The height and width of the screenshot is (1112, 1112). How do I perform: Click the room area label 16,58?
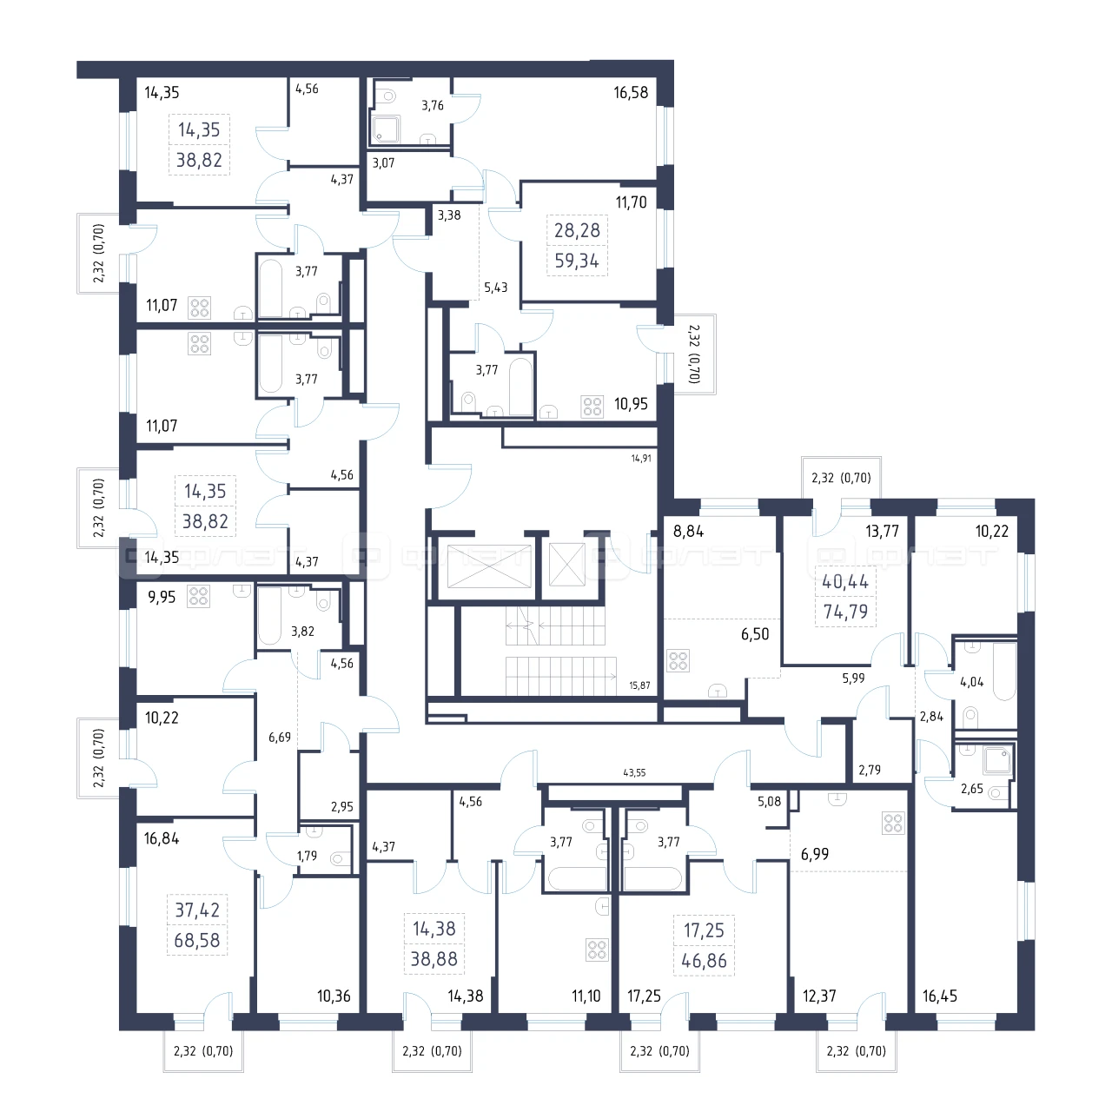coord(630,92)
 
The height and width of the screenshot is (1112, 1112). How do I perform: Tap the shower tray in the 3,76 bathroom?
coord(386,129)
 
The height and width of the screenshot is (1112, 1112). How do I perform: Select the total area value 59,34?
coord(577,261)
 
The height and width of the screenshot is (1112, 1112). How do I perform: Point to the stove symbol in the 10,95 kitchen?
coord(592,406)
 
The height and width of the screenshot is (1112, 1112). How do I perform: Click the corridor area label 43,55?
coord(634,772)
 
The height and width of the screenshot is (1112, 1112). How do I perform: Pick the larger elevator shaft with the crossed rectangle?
coord(489,566)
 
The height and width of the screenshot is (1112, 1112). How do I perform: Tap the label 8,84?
coord(688,531)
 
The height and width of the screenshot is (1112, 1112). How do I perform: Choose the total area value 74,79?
coord(845,611)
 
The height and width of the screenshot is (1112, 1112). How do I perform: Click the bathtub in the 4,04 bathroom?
coord(1004,672)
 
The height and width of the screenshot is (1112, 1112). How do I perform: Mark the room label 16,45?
coord(939,996)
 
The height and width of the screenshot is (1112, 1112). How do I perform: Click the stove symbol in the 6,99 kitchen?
coord(893,824)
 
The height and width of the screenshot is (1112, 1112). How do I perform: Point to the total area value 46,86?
coord(704,960)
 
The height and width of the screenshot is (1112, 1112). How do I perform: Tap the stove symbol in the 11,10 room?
coord(597,950)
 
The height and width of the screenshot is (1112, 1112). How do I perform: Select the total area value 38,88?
coord(434,959)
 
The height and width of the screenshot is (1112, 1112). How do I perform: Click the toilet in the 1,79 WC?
coord(341,858)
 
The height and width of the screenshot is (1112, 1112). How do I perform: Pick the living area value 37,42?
coord(197,910)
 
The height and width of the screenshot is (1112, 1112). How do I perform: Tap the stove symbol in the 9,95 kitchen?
coord(199,597)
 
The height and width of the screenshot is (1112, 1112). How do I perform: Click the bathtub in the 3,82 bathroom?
coord(269,616)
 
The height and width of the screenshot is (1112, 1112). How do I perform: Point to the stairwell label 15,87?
coord(639,685)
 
